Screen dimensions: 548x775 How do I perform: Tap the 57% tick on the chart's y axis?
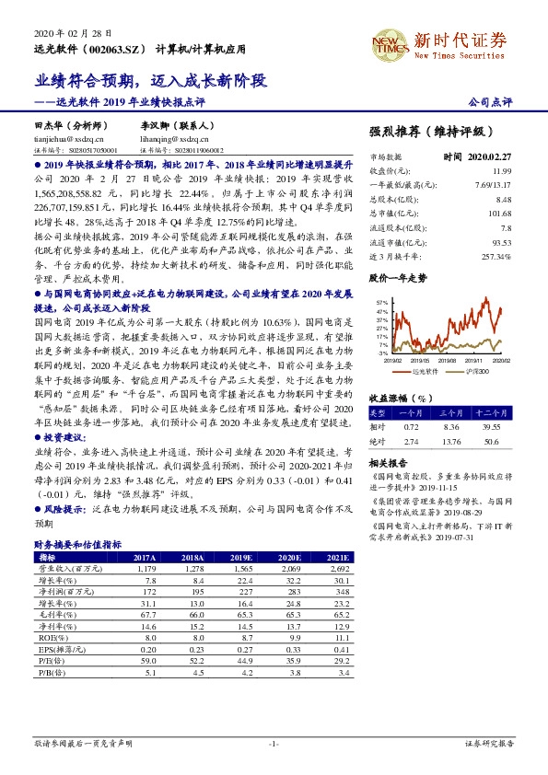[382, 301]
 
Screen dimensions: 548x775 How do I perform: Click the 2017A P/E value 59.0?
[146, 659]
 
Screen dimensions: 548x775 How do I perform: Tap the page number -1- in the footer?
[273, 742]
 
